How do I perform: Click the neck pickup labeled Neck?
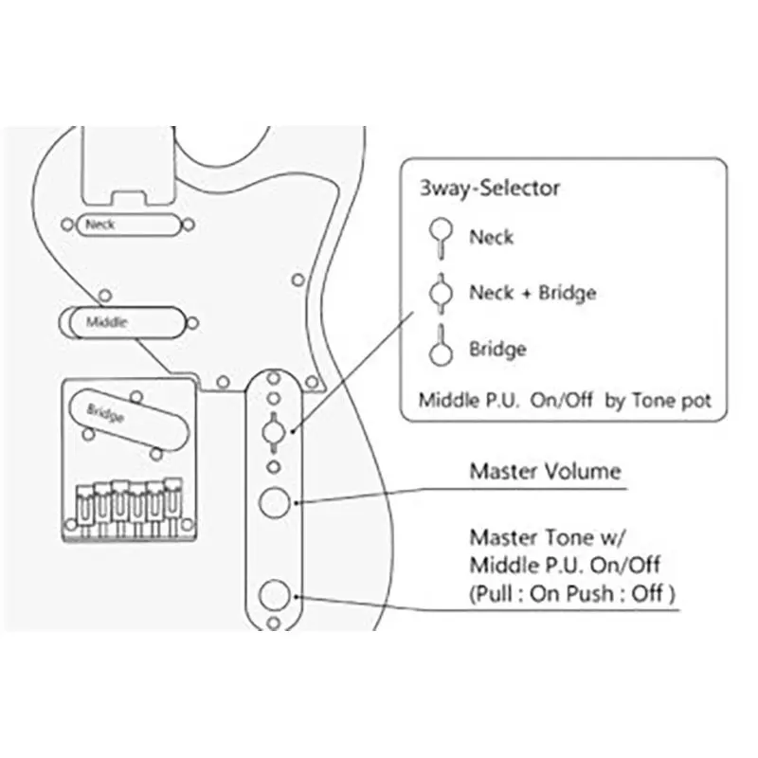[x=128, y=225]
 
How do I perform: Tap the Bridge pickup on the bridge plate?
[x=130, y=419]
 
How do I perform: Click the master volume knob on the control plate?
[x=275, y=503]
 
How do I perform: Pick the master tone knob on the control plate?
[x=275, y=595]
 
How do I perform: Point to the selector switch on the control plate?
[x=274, y=432]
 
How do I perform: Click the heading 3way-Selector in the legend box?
[x=489, y=188]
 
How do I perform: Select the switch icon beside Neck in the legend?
[x=441, y=238]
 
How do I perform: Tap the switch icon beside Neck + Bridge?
[x=441, y=293]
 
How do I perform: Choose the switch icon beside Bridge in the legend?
[x=441, y=345]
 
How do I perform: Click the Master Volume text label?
[x=546, y=471]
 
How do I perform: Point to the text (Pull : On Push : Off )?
[x=572, y=594]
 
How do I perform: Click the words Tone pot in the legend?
[x=672, y=401]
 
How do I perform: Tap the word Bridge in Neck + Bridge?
[x=568, y=293]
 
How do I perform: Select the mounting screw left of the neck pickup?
[x=67, y=225]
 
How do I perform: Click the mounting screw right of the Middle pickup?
[x=192, y=323]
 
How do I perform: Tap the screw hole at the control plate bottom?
[x=274, y=623]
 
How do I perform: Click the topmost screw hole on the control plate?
[x=274, y=377]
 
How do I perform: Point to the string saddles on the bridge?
[x=129, y=508]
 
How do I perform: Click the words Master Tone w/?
[x=548, y=537]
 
